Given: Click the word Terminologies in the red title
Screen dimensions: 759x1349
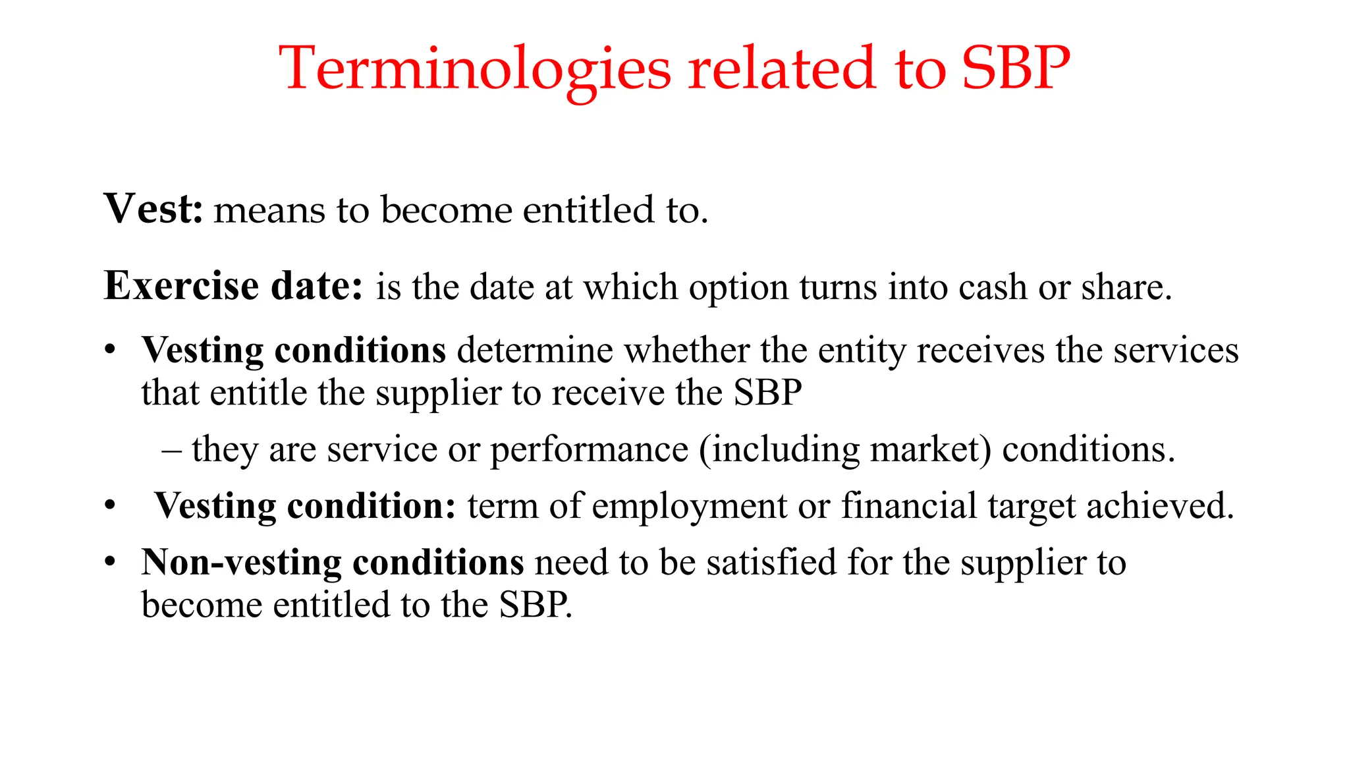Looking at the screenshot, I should [x=475, y=69].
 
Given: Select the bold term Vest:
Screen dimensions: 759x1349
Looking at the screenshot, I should [x=153, y=209].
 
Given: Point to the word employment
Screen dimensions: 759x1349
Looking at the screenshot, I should [x=690, y=507].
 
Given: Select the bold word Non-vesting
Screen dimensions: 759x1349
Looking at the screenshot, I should [x=241, y=563].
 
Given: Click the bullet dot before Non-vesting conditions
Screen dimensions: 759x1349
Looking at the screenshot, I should [x=110, y=562].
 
